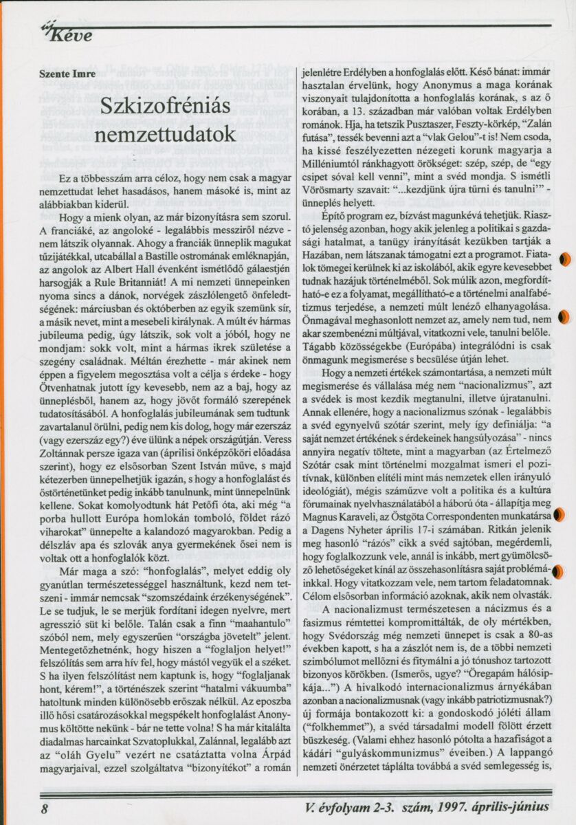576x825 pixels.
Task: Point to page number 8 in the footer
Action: click(44, 808)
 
